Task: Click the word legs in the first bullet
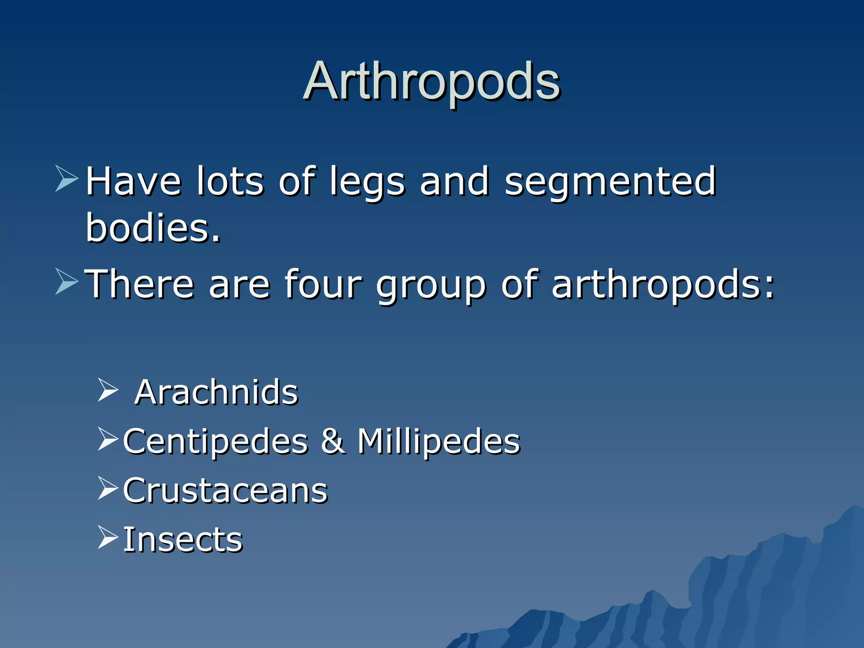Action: coord(367,182)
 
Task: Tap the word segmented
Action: coord(610,182)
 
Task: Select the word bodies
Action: coord(153,228)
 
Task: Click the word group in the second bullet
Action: coord(431,287)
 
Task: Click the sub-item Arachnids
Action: coord(216,392)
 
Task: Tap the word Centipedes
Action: coord(216,442)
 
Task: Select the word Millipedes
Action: coord(439,442)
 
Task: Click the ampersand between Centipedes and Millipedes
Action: coord(333,441)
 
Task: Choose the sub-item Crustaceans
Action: coord(225,491)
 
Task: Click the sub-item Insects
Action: coord(183,540)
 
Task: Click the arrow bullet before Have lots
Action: coord(67,178)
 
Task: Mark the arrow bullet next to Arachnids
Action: coord(108,389)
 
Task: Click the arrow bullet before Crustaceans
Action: coord(108,488)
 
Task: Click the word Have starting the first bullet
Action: coord(133,182)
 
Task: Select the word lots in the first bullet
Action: coord(230,182)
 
